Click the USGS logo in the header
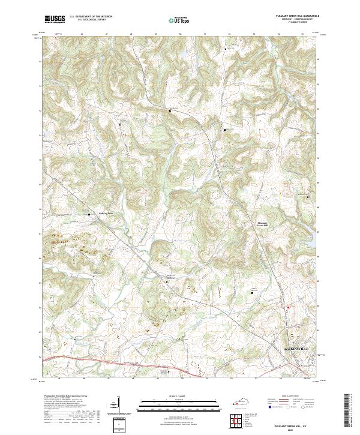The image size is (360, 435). coord(55,19)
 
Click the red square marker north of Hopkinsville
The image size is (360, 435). coord(288,307)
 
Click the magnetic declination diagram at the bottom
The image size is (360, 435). coord(119,406)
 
